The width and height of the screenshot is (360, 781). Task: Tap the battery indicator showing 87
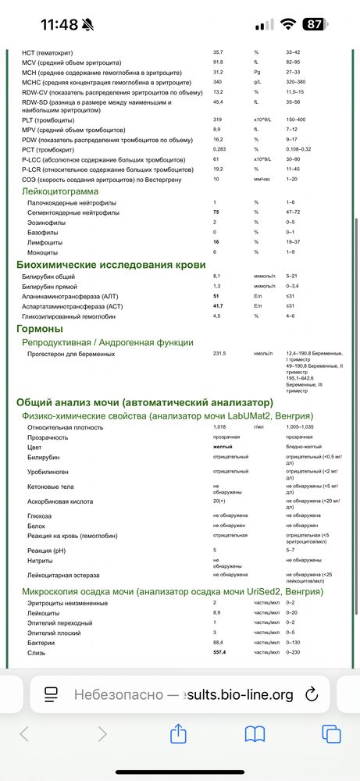click(314, 24)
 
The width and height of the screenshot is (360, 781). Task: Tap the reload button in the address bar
click(310, 694)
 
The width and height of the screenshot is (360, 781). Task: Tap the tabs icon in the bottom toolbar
click(331, 733)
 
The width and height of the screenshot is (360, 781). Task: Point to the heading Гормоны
click(39, 329)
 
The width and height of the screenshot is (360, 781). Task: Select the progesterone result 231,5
click(219, 354)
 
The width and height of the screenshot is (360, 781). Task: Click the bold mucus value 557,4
click(221, 652)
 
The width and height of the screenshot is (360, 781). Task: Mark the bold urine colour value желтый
click(223, 447)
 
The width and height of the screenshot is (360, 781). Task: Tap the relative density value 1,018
click(220, 427)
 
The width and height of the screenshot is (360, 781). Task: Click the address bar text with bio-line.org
click(184, 694)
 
